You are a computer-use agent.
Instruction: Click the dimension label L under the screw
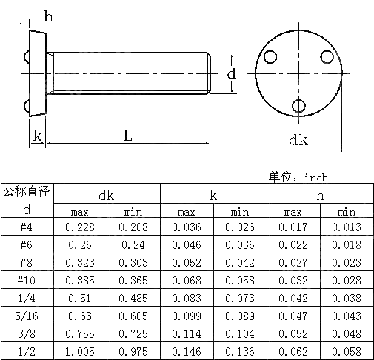point(127,136)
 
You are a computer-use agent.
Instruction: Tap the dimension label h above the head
point(49,17)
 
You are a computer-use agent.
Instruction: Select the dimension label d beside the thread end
point(231,73)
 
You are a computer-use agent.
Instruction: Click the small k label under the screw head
point(36,136)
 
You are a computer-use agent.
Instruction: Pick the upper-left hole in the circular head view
point(272,57)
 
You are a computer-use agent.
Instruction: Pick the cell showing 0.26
point(81,246)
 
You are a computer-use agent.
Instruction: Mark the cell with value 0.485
point(134,299)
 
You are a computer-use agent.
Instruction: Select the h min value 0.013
point(347,228)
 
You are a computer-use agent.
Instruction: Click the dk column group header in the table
point(107,195)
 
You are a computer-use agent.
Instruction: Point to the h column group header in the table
point(320,195)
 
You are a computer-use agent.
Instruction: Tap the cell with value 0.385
point(81,281)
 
